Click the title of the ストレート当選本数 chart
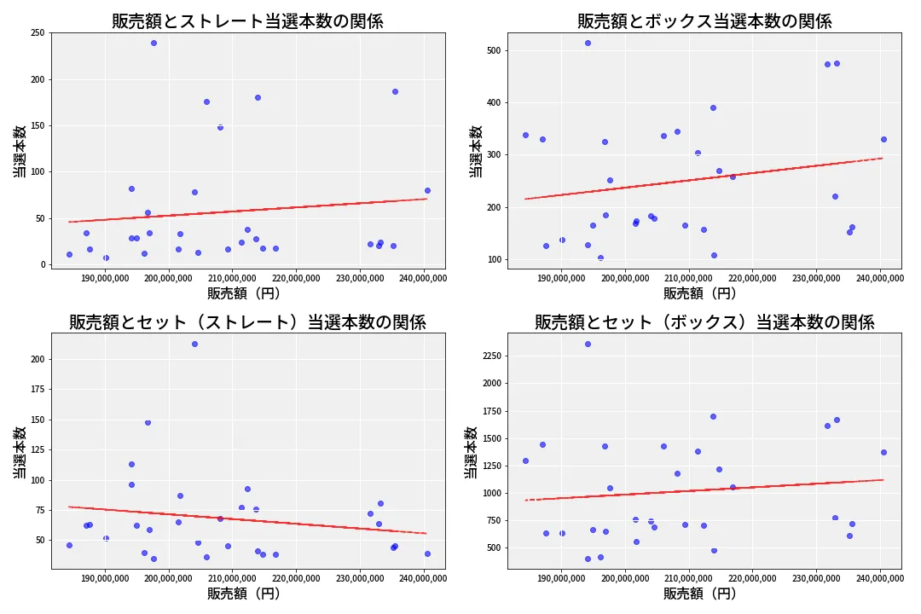pyautogui.click(x=247, y=21)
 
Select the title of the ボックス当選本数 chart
pyautogui.click(x=704, y=21)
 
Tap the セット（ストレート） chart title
pyautogui.click(x=247, y=322)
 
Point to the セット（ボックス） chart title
pyautogui.click(x=704, y=322)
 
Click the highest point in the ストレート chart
pyautogui.click(x=153, y=43)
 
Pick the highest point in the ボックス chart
pyautogui.click(x=588, y=43)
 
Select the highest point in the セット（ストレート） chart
pyautogui.click(x=194, y=344)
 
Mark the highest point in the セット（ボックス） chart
pyautogui.click(x=588, y=344)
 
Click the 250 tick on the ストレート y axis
pyautogui.click(x=38, y=33)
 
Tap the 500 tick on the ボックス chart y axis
pyautogui.click(x=494, y=50)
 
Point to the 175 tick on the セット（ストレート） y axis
pyautogui.click(x=38, y=390)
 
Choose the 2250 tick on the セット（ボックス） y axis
pyautogui.click(x=489, y=356)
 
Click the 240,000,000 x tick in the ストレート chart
pyautogui.click(x=424, y=277)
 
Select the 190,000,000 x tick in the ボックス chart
pyautogui.click(x=562, y=277)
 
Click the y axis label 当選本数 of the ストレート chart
pyautogui.click(x=19, y=152)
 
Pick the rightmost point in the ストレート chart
pyautogui.click(x=427, y=190)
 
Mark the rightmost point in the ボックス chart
pyautogui.click(x=883, y=139)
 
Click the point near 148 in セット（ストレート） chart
pyautogui.click(x=148, y=422)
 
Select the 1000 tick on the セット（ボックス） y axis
pyautogui.click(x=489, y=493)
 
